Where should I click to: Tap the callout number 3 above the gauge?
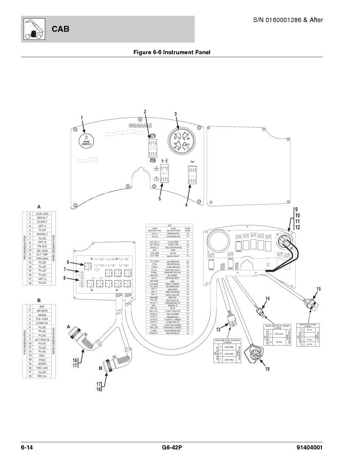(175, 114)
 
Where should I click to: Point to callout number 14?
(267, 299)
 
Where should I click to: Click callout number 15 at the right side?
(318, 289)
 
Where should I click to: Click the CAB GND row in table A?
(42, 214)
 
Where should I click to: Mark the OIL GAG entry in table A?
(42, 250)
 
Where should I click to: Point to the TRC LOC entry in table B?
(42, 368)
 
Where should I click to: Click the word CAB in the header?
(61, 29)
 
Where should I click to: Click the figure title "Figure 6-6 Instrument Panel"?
(172, 53)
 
